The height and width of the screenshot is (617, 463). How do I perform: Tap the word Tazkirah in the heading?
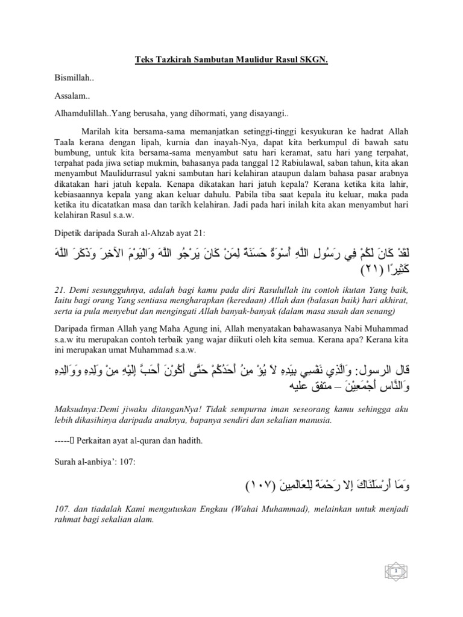[x=171, y=61]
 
